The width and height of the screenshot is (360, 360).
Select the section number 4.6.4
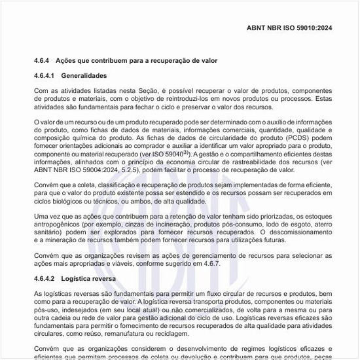tap(43, 60)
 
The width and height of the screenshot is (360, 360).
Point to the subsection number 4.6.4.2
tap(46, 278)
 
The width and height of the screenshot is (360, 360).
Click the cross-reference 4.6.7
tap(210, 263)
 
